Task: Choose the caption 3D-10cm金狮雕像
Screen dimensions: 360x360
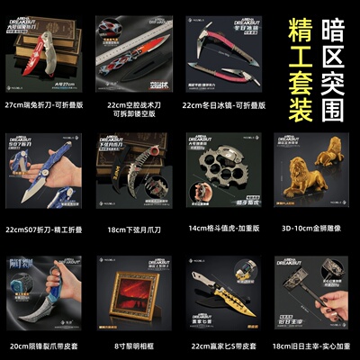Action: pos(309,229)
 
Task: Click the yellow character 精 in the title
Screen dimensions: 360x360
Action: pos(292,32)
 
